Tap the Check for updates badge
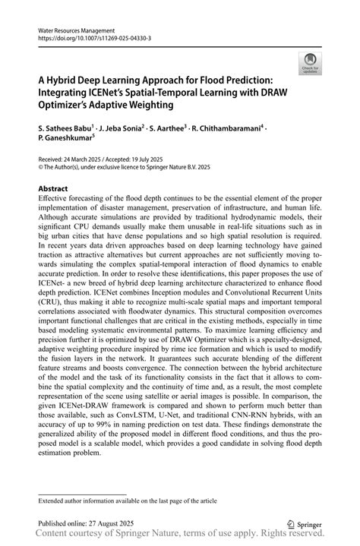point(310,64)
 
